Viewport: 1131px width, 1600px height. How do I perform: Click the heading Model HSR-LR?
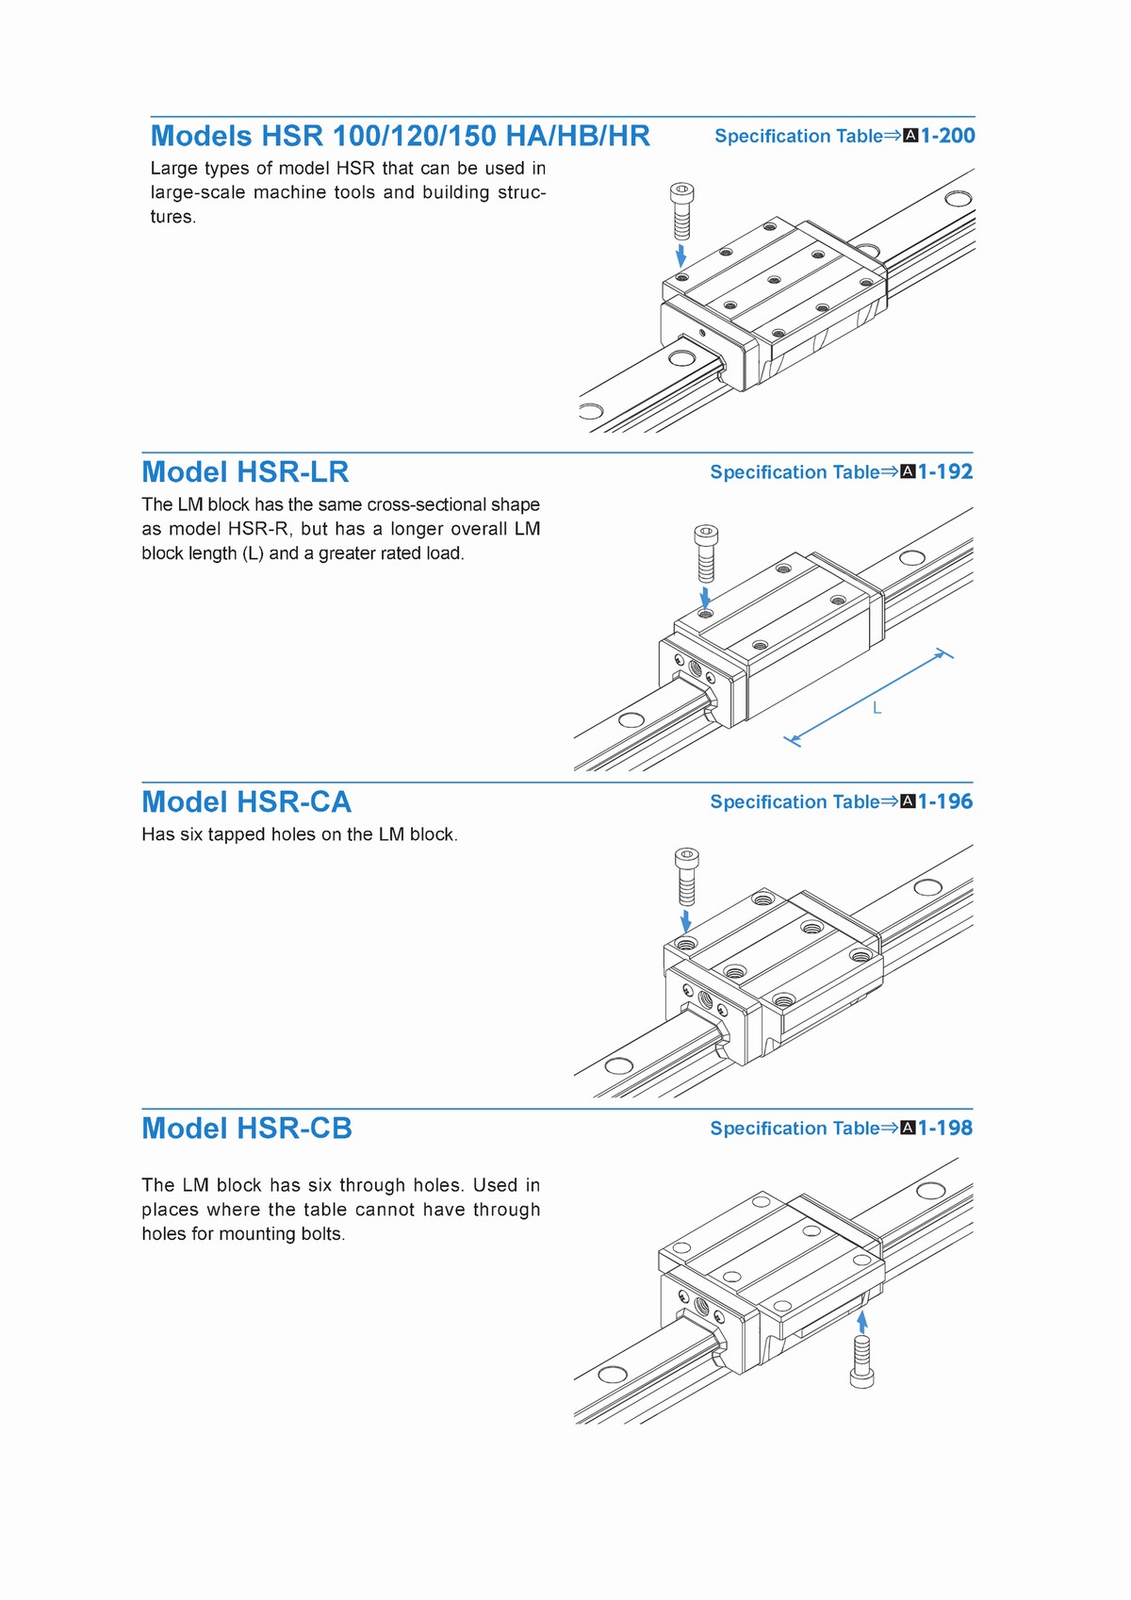pos(245,471)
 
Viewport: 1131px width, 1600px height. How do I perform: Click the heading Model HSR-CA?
pos(246,801)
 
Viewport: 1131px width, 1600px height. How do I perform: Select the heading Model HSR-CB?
pos(247,1128)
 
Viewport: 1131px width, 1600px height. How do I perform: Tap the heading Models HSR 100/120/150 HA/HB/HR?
pos(400,136)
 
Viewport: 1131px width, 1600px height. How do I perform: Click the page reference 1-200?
pos(947,136)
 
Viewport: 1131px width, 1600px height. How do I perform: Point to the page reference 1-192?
pos(945,471)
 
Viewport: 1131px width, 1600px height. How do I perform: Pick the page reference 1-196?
pos(945,801)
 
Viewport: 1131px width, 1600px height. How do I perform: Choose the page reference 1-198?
pos(945,1128)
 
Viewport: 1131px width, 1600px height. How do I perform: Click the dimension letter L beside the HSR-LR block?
pos(877,708)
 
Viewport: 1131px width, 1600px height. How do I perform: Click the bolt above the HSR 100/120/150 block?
pos(681,211)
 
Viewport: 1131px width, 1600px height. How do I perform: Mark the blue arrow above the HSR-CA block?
pos(686,920)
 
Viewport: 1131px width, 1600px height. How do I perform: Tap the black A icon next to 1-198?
pos(909,1129)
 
